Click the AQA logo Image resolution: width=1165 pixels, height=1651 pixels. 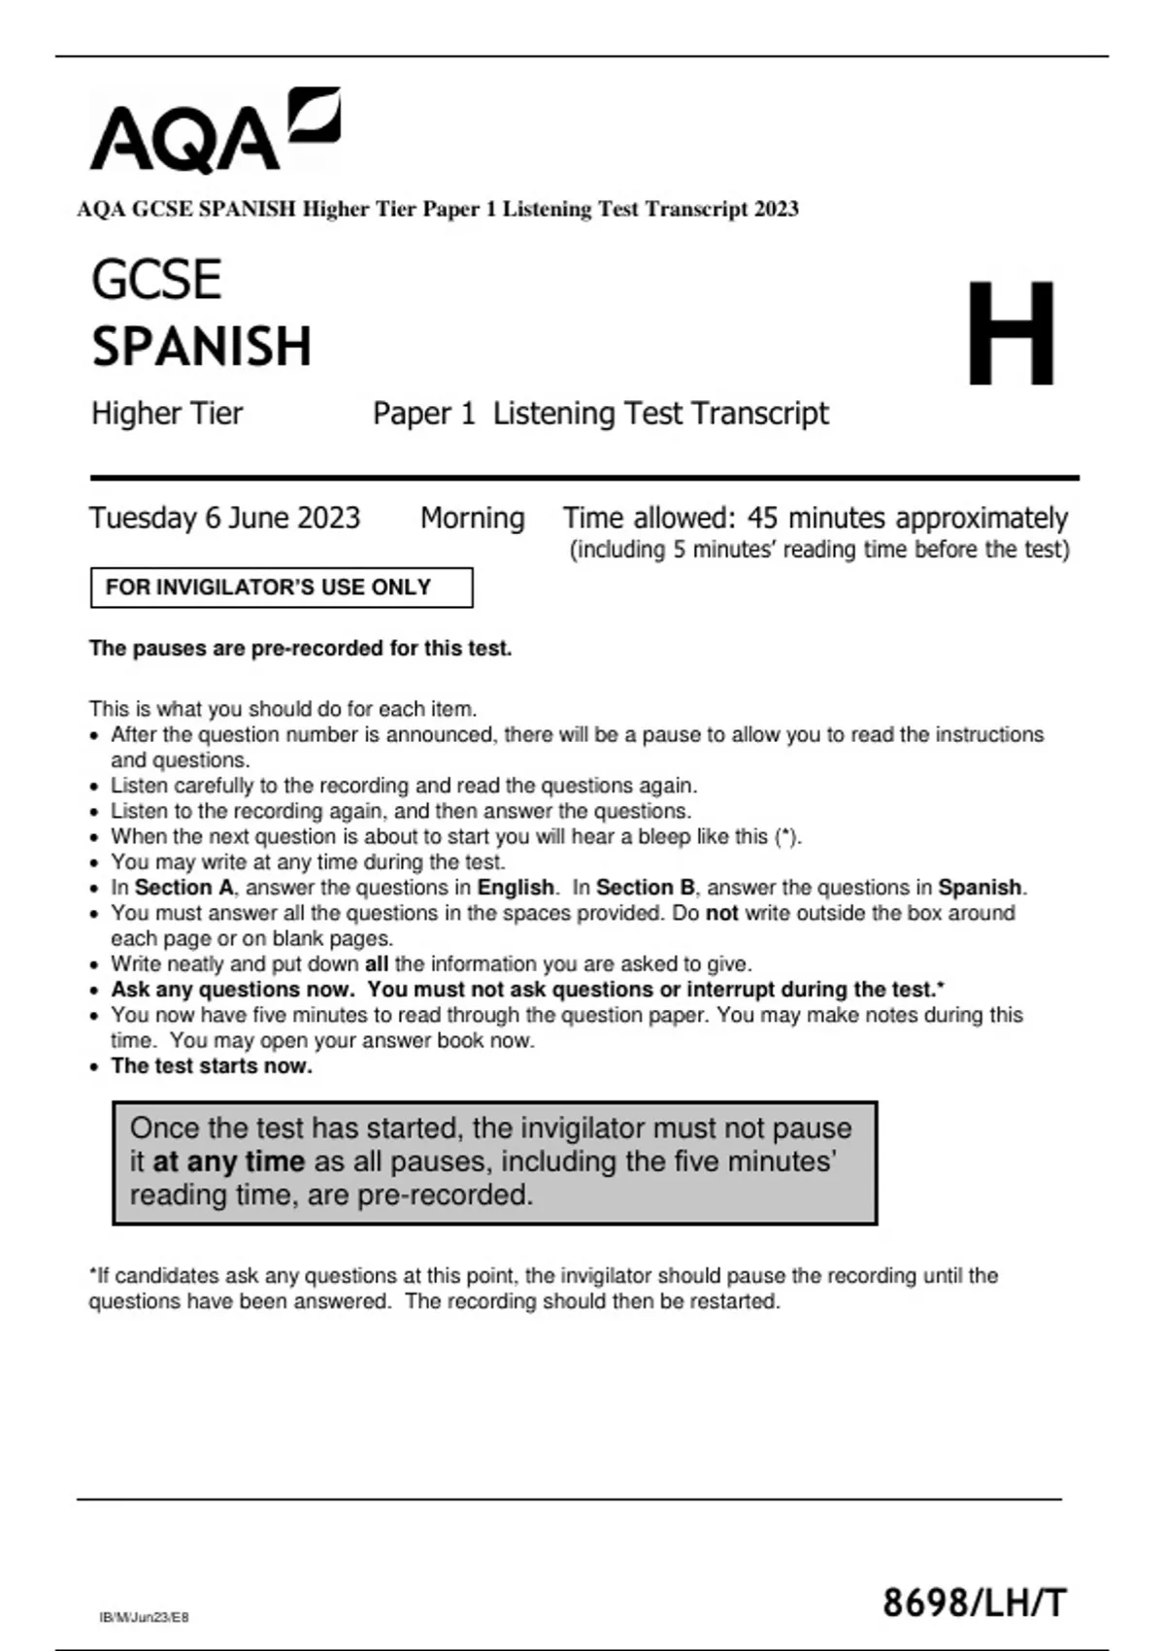click(215, 131)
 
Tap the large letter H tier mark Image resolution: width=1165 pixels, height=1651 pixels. click(1011, 333)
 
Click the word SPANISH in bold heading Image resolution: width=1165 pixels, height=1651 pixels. click(202, 347)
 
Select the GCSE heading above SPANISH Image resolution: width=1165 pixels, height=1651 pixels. click(156, 280)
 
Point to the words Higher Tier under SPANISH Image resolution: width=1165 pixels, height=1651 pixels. click(167, 414)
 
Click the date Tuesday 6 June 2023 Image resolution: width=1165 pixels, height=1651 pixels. click(224, 518)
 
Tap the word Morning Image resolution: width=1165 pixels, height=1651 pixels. click(472, 518)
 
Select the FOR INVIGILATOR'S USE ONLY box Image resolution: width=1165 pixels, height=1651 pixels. click(282, 588)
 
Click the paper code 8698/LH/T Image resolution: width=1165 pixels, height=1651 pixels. click(974, 1601)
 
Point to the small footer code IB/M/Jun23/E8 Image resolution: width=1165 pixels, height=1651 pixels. click(144, 1617)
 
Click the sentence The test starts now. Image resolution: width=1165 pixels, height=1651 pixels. click(212, 1066)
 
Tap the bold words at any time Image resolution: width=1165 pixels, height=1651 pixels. click(229, 1162)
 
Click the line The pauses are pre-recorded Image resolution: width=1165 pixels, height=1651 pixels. click(300, 649)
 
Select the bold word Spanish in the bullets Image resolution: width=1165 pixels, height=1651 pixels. click(980, 888)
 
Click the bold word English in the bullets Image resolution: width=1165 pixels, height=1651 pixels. click(516, 888)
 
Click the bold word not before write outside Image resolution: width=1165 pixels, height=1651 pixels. click(721, 913)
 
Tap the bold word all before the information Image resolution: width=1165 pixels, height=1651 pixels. click(377, 964)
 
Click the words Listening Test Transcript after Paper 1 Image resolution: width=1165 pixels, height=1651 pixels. click(660, 414)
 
